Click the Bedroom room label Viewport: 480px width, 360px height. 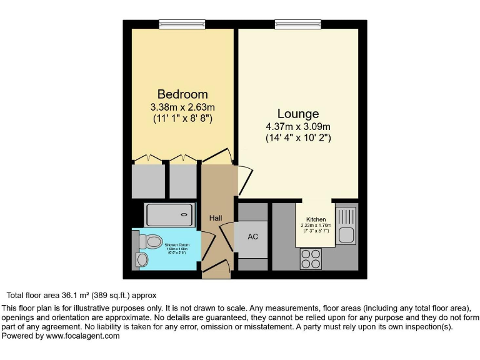pos(182,94)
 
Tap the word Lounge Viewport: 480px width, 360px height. pos(298,114)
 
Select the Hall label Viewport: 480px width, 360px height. pos(216,217)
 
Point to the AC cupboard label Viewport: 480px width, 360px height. pos(253,237)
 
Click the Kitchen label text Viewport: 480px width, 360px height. pos(316,220)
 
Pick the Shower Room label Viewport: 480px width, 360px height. pos(177,244)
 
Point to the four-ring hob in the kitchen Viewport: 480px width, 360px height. pos(311,258)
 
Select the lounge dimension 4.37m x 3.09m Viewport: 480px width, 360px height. pos(298,126)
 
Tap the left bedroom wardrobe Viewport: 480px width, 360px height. pos(148,180)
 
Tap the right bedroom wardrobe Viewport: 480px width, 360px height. pos(183,180)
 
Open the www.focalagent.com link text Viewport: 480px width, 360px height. pos(82,336)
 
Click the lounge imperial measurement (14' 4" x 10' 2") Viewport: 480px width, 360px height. pos(298,137)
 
